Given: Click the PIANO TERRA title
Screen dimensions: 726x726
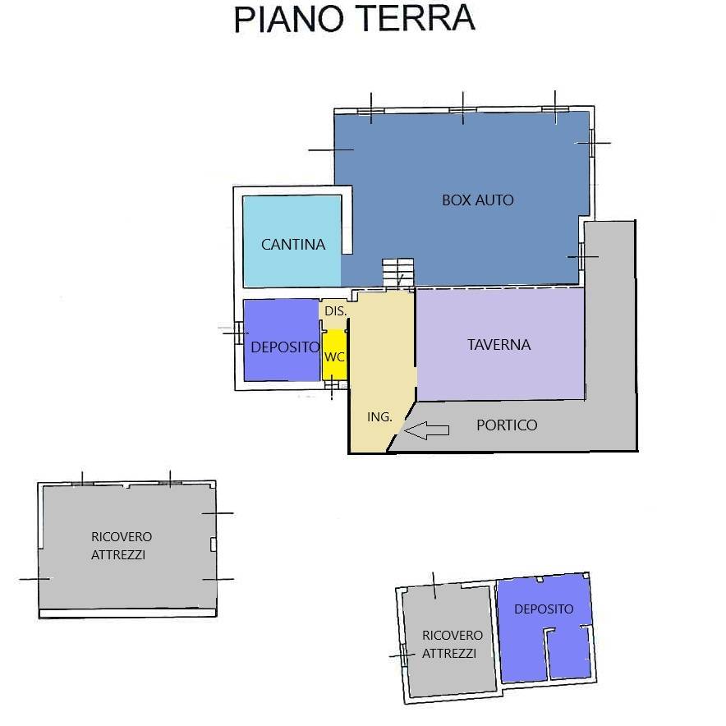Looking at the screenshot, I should click(x=354, y=18).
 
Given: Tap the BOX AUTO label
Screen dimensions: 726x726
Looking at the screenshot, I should click(x=477, y=200).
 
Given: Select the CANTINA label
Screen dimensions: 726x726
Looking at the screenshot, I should click(x=293, y=244).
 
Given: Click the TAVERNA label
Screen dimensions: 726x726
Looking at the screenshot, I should click(x=499, y=345).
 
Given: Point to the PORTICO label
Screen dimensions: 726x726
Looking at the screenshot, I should click(x=507, y=425).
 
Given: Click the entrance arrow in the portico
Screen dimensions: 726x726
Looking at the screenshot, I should click(x=428, y=430).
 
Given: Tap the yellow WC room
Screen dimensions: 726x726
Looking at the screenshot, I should click(x=334, y=356).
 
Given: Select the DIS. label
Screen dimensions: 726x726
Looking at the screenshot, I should click(x=335, y=312).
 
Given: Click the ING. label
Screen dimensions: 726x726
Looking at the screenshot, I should click(x=379, y=417).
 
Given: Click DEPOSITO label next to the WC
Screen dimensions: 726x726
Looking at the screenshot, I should click(x=284, y=347).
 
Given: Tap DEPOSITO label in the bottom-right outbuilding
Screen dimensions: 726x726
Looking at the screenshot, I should click(x=544, y=609).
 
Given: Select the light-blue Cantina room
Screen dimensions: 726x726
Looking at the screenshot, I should click(x=292, y=222).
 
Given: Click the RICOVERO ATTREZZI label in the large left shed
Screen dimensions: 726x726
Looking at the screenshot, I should click(x=121, y=545).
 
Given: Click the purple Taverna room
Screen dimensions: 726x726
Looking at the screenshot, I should click(x=499, y=370).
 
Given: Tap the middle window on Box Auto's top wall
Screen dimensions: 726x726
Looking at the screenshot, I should click(x=463, y=109).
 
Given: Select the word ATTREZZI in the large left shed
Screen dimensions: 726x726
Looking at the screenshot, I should click(x=118, y=555).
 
